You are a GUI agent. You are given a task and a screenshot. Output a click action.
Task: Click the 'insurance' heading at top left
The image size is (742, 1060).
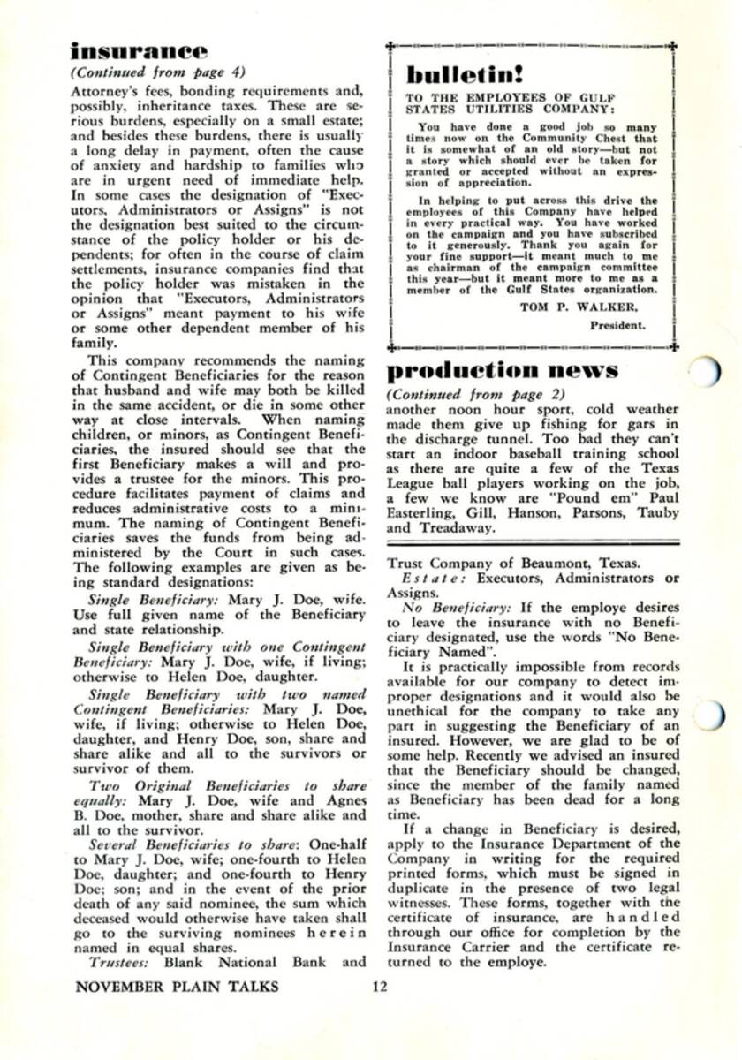[x=140, y=52]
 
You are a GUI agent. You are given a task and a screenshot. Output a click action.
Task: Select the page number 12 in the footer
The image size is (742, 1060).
[x=380, y=987]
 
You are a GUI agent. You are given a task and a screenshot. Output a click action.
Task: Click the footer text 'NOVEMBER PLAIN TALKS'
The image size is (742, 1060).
[x=177, y=987]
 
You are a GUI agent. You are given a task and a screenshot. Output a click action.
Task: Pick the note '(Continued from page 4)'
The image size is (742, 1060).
[x=157, y=73]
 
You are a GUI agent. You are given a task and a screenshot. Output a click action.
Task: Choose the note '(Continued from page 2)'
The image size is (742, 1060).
[x=476, y=394]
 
